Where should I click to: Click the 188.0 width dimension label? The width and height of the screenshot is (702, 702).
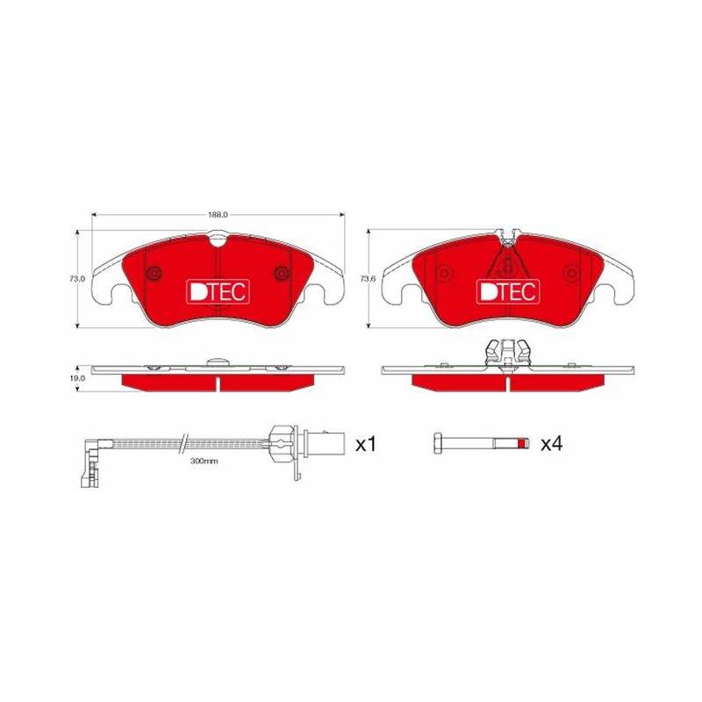pos(218,215)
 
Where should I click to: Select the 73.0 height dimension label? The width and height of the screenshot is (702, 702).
pos(77,278)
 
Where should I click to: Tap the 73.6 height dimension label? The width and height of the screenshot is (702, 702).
pos(368,278)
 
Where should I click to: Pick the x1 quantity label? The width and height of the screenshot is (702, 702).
pos(366,445)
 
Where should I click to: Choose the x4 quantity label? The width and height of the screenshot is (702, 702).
pos(552,444)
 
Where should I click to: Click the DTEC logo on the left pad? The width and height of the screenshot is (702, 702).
pos(218,292)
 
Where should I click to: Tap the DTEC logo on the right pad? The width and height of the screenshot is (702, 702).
pos(508,292)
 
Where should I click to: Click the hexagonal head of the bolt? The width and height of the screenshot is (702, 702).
pos(438,443)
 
